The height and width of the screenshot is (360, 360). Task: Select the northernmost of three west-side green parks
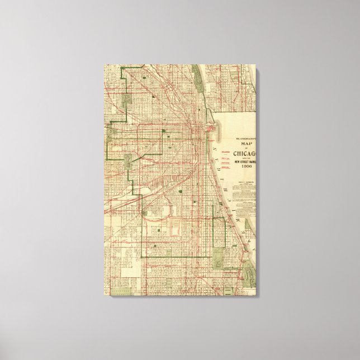pyautogui.click(x=127, y=100)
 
